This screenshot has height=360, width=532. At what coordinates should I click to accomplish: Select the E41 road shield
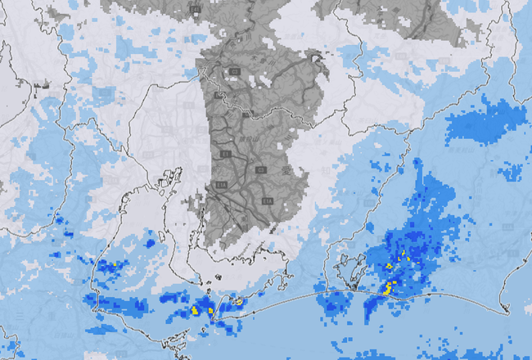click(195, 9)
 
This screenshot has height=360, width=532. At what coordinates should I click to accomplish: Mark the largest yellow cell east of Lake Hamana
click(390, 287)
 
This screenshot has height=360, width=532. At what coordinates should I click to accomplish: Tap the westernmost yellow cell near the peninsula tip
click(196, 311)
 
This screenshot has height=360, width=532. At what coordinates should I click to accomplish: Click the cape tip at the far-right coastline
click(507, 310)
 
